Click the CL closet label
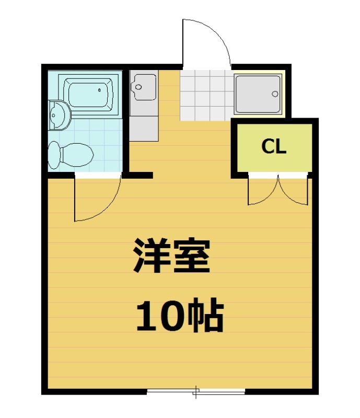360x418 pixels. [274, 147]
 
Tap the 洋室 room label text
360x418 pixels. [172, 257]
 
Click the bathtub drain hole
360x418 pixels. [99, 90]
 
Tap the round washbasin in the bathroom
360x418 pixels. [59, 115]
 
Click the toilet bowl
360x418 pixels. [77, 154]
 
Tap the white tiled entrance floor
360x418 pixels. [205, 95]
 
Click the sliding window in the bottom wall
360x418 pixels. [196, 391]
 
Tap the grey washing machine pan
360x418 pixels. [258, 94]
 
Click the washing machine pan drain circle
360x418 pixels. [274, 95]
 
